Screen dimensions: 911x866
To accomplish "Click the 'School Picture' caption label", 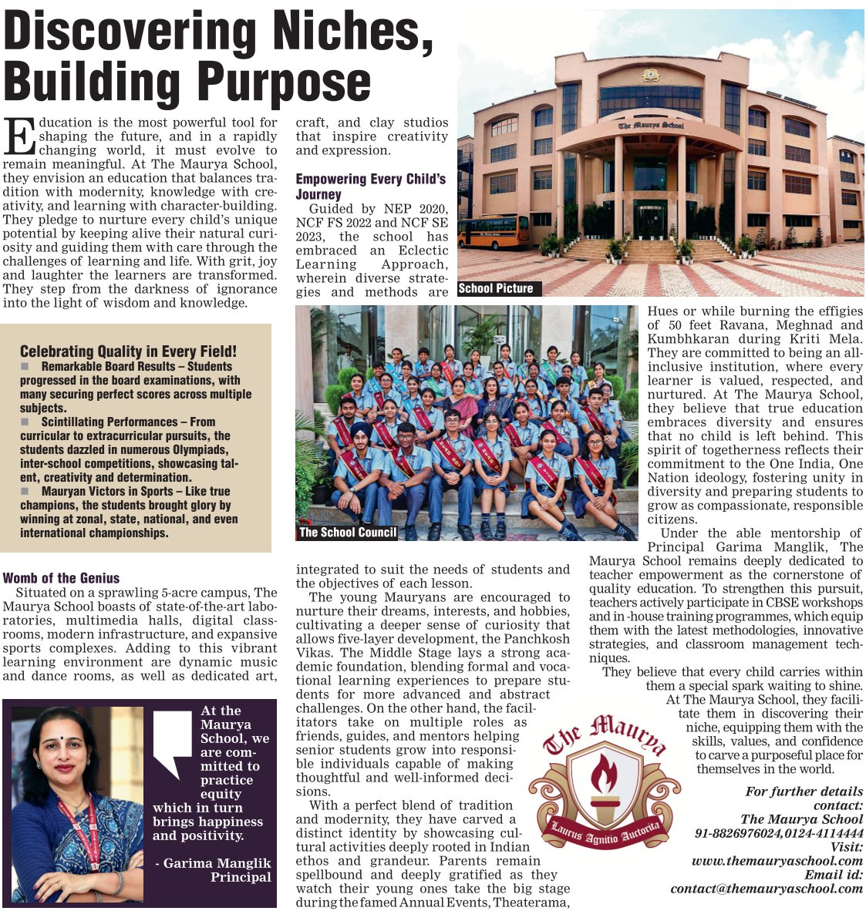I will (x=496, y=288).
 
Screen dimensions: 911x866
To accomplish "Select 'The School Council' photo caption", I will (x=348, y=532).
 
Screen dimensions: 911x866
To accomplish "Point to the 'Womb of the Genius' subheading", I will (x=62, y=578).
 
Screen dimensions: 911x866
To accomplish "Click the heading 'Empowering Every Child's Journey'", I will (x=371, y=187).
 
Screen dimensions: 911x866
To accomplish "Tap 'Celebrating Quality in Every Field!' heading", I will (x=128, y=351).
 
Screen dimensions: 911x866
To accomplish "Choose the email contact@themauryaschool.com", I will (x=767, y=889).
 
